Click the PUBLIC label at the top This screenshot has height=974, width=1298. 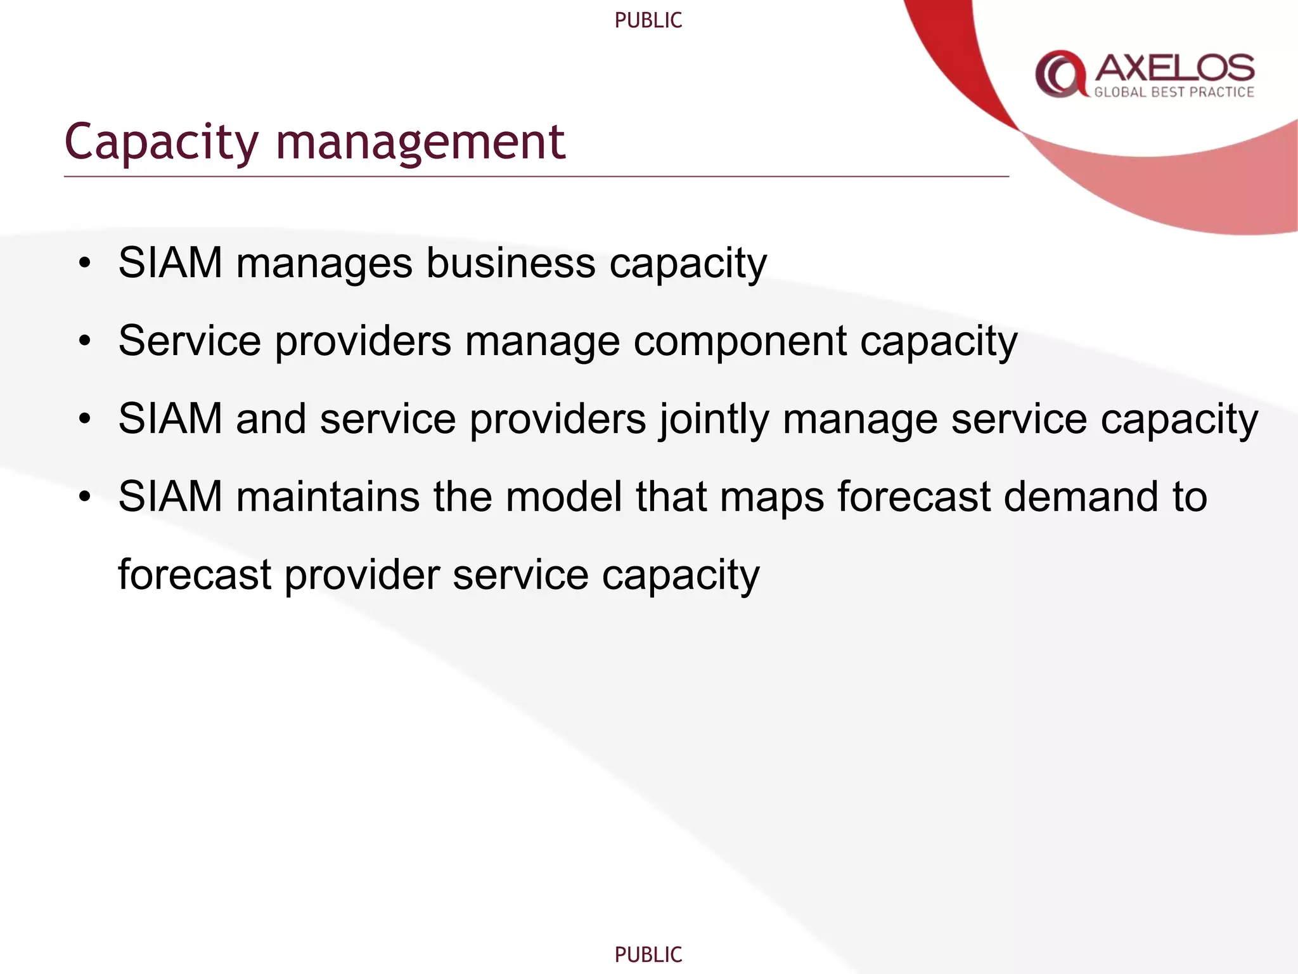coord(648,21)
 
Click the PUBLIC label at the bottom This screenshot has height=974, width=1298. coord(648,954)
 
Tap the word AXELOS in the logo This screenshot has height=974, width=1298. coord(1174,68)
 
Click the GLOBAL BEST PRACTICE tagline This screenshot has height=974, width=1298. coord(1174,93)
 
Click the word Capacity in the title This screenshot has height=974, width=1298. coord(162,143)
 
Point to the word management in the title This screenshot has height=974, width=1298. coord(420,143)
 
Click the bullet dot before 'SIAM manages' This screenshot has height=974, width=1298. coord(85,263)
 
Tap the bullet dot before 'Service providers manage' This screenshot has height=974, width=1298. coord(85,341)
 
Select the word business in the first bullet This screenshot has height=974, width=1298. coord(510,263)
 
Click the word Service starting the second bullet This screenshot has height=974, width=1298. coord(190,341)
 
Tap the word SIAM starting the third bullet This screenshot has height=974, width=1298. coord(170,419)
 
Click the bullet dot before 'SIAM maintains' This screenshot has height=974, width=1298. coord(85,497)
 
